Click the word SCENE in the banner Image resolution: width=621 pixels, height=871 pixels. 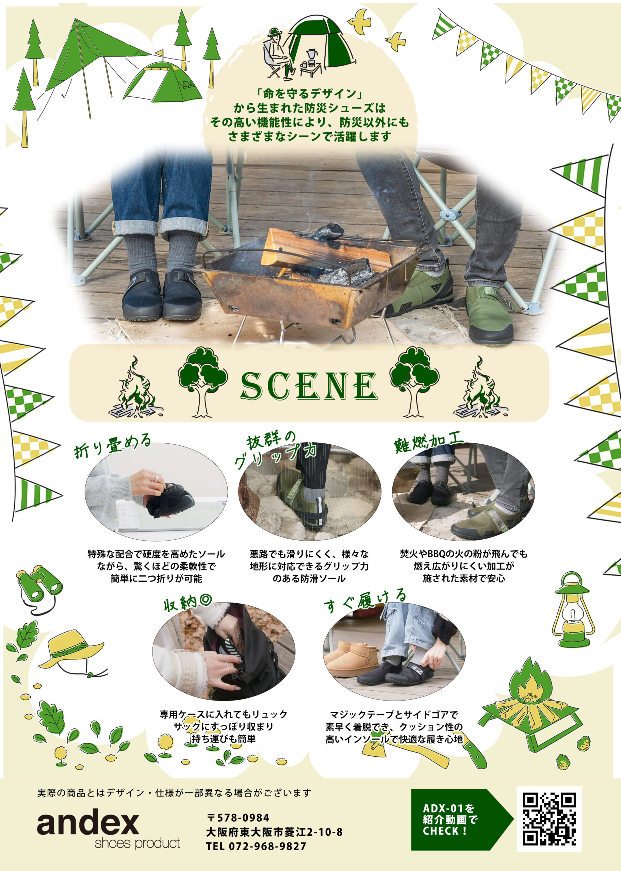coord(309,386)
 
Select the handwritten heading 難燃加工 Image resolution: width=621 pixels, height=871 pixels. coord(429,443)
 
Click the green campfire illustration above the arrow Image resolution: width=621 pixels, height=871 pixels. coord(530,719)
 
